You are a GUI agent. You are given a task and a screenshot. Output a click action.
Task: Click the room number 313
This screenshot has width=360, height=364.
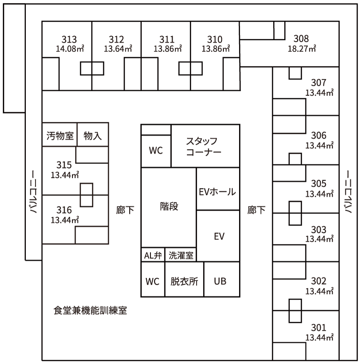[x=69, y=39]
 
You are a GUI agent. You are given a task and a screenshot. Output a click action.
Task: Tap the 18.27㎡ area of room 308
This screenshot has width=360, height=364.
[x=302, y=49]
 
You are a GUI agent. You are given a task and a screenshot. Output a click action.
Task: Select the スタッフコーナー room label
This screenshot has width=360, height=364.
[x=204, y=146]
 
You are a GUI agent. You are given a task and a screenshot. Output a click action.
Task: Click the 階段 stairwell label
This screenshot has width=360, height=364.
[x=169, y=206]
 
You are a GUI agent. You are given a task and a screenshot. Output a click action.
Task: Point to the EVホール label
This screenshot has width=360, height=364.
[x=217, y=192]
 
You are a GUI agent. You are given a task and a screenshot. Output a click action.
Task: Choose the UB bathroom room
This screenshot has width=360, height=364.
[x=220, y=281]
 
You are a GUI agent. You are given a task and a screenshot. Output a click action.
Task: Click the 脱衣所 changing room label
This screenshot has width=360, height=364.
[x=185, y=281]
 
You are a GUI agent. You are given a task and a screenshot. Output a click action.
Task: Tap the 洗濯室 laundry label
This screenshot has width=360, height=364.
[x=181, y=255]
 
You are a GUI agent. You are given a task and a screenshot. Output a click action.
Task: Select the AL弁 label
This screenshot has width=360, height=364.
[x=153, y=255]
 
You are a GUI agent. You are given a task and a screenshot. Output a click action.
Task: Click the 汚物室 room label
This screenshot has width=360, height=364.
[x=60, y=135]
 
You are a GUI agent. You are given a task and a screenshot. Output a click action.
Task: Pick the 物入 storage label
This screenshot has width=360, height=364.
[x=93, y=135]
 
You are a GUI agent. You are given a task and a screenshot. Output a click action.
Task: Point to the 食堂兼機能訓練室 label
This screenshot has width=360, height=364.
[x=90, y=310]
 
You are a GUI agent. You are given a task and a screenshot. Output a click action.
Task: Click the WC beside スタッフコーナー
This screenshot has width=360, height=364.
[x=156, y=151]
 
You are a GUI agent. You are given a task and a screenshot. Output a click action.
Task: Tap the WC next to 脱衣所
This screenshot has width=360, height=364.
[x=152, y=281]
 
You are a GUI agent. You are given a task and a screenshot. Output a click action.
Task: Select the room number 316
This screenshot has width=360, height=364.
[x=64, y=210]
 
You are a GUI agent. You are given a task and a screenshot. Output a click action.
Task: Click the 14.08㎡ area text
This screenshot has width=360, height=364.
[x=70, y=49]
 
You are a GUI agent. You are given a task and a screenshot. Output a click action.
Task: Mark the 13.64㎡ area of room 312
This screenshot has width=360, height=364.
[x=118, y=49]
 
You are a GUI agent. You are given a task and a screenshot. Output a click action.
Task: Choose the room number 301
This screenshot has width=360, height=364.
[x=319, y=328]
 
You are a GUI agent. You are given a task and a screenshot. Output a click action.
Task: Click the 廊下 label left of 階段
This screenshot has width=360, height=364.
[x=125, y=210]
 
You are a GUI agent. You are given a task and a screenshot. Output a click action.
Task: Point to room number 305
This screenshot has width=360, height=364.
[x=319, y=184]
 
